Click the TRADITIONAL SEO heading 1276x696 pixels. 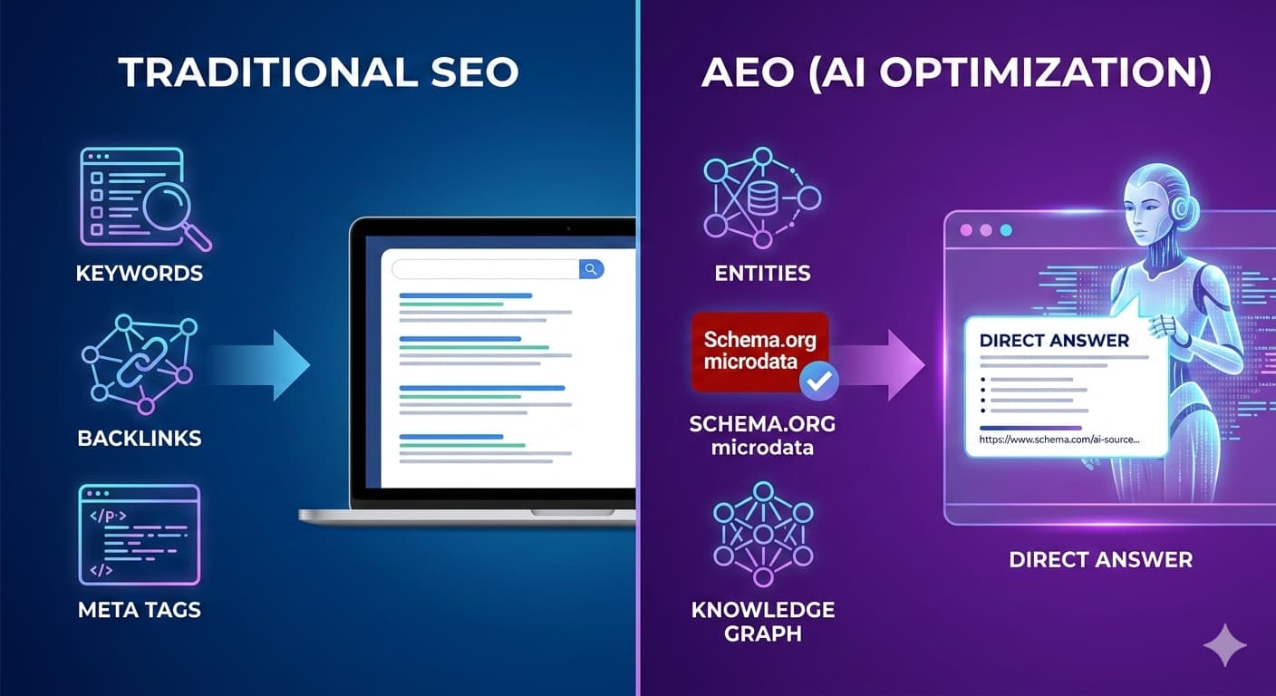pyautogui.click(x=318, y=73)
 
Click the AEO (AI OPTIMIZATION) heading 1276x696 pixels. pyautogui.click(x=956, y=73)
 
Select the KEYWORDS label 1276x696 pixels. pyautogui.click(x=140, y=273)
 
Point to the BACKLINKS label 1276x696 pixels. pyautogui.click(x=140, y=438)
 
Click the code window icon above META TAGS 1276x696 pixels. pyautogui.click(x=140, y=534)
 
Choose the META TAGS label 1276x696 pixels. pyautogui.click(x=140, y=609)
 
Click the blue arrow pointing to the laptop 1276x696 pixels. pyautogui.click(x=263, y=363)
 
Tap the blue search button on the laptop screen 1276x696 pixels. pyautogui.click(x=591, y=269)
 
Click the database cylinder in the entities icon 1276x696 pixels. pyautogui.click(x=761, y=198)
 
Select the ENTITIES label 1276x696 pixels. pyautogui.click(x=762, y=273)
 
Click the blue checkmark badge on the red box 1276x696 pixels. pyautogui.click(x=819, y=381)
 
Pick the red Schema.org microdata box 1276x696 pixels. pyautogui.click(x=759, y=352)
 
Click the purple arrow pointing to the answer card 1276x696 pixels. pyautogui.click(x=884, y=364)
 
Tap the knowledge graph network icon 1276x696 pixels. pyautogui.click(x=762, y=534)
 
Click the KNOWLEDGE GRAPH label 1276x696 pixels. pyautogui.click(x=762, y=620)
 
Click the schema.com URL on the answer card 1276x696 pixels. pyautogui.click(x=1059, y=440)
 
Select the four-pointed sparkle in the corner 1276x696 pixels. pyautogui.click(x=1225, y=644)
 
